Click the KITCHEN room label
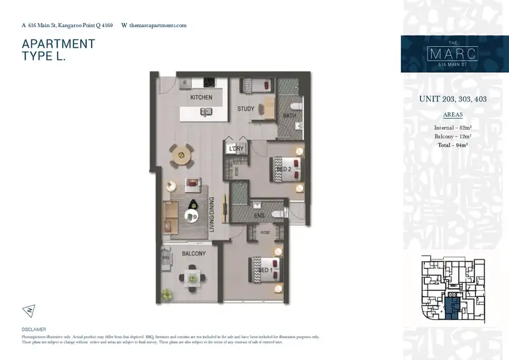(x=201, y=97)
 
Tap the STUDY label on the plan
(x=246, y=109)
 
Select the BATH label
(x=288, y=115)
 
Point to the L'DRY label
(x=235, y=149)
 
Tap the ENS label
(x=259, y=217)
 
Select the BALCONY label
(x=193, y=254)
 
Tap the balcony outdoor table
(x=191, y=277)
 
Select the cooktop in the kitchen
(x=208, y=83)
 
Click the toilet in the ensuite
(x=280, y=213)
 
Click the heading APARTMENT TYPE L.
(x=58, y=51)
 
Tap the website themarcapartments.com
(x=157, y=25)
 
